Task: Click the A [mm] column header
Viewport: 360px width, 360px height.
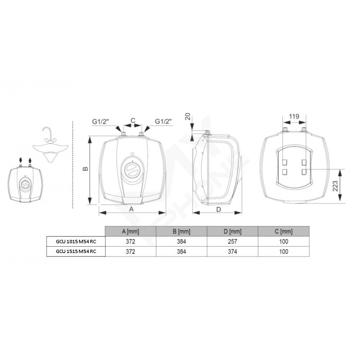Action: [x=130, y=231]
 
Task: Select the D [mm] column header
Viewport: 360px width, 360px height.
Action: [x=232, y=231]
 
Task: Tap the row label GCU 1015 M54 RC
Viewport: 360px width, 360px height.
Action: [x=76, y=242]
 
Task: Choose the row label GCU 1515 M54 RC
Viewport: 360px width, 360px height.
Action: [x=76, y=251]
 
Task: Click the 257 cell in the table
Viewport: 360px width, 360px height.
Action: [x=232, y=242]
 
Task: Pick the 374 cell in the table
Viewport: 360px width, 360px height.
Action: [x=232, y=252]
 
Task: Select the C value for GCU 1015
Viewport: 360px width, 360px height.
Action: [x=284, y=242]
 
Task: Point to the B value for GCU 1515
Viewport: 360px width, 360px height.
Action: [x=181, y=252]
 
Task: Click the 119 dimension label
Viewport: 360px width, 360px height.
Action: [x=294, y=116]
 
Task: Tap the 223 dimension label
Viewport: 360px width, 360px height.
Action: [x=335, y=186]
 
